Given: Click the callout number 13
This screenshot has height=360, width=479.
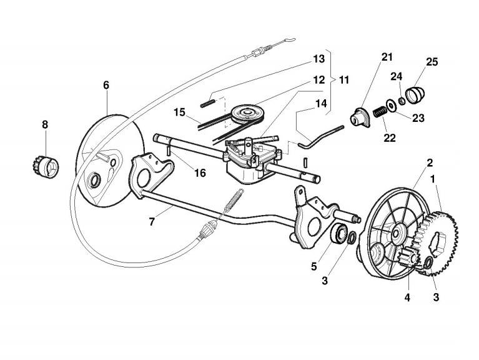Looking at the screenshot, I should tap(319, 59).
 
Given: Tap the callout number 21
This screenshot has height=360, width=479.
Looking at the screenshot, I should tap(387, 58).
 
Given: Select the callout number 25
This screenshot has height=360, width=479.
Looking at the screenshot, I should tap(432, 62).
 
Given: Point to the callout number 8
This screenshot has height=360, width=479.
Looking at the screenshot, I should tap(45, 125).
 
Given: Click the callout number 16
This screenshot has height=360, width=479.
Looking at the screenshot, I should tap(200, 172).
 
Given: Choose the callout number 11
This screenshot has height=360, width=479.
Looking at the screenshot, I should tap(344, 81).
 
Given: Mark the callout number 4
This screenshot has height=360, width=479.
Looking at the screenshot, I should tap(407, 297).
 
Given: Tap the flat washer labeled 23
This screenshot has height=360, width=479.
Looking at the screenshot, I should tap(390, 106).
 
